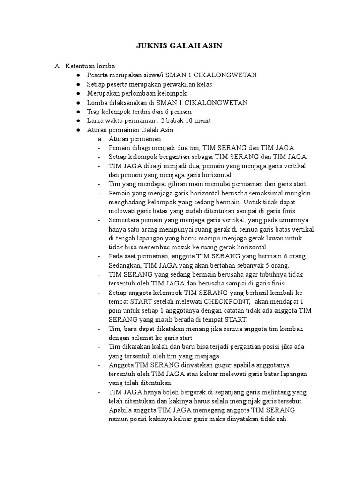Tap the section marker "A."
pos(58,66)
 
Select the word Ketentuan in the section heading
pos(81,66)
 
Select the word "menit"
pos(201,121)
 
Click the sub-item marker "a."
pos(100,139)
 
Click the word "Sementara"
pos(124,220)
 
